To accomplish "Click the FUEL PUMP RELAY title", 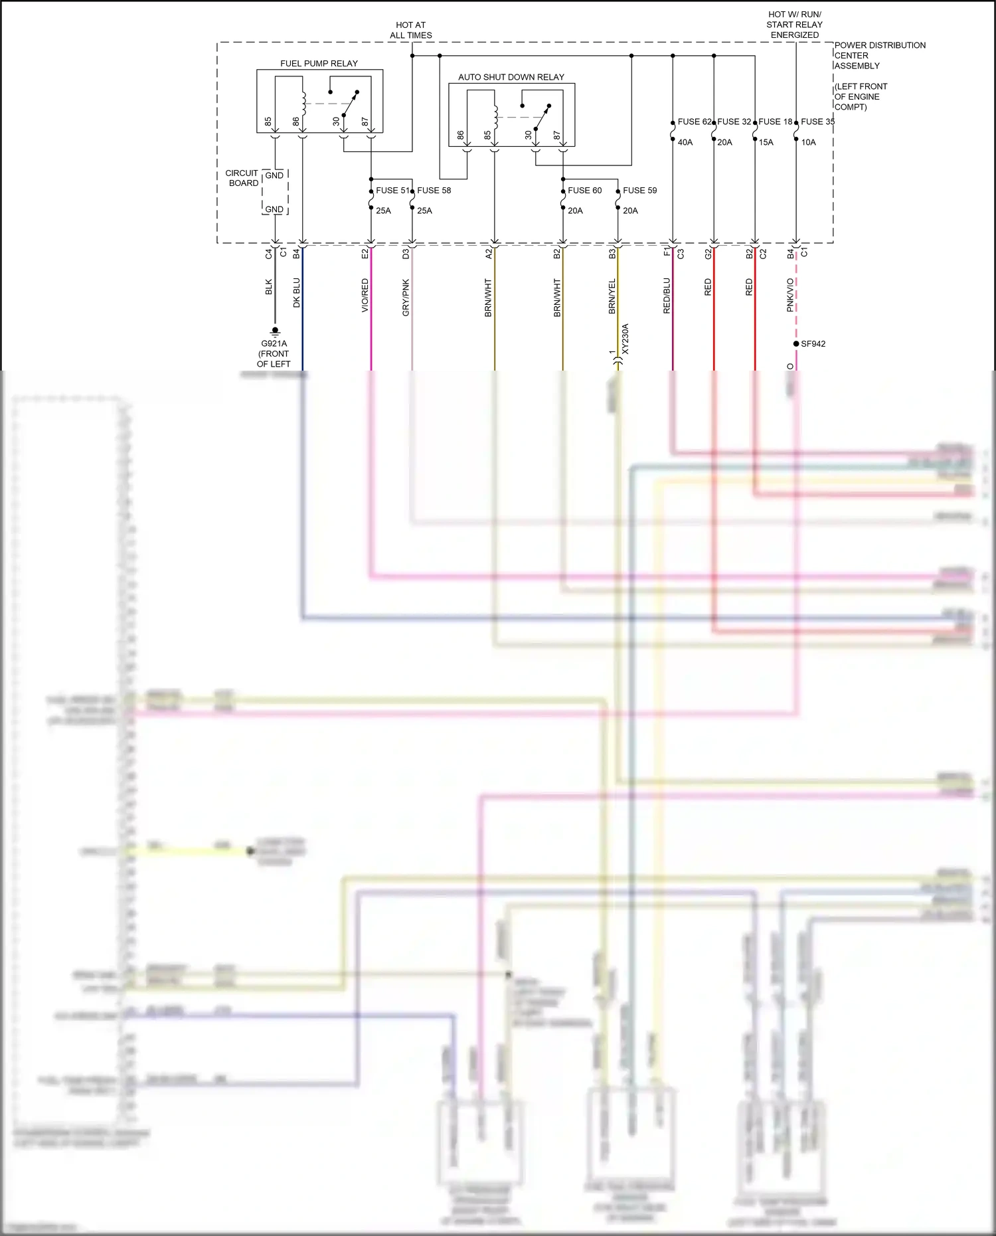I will [x=319, y=64].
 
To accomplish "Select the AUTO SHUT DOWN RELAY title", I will [x=511, y=77].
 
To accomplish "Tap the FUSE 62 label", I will [x=694, y=122].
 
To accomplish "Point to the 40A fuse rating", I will [x=685, y=142].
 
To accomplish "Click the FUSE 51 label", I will [x=392, y=190].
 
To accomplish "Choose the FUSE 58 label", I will [x=434, y=190].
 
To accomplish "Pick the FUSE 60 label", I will [x=584, y=190].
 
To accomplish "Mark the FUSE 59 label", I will [x=639, y=190].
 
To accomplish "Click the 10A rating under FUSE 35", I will [x=808, y=142].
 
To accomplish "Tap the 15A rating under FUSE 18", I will [x=766, y=142].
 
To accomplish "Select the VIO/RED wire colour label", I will [x=365, y=296].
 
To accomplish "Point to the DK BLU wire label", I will [x=297, y=293].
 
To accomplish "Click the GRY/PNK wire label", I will [x=406, y=298].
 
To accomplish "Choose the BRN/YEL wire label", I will [x=612, y=296].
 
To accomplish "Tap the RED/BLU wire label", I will [x=667, y=296].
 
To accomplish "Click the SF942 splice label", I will [x=813, y=344].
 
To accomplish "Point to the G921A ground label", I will [x=274, y=343].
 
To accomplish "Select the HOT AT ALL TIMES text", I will [x=410, y=30].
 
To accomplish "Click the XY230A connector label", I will [x=625, y=339].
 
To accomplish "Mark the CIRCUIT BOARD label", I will [x=242, y=178].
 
